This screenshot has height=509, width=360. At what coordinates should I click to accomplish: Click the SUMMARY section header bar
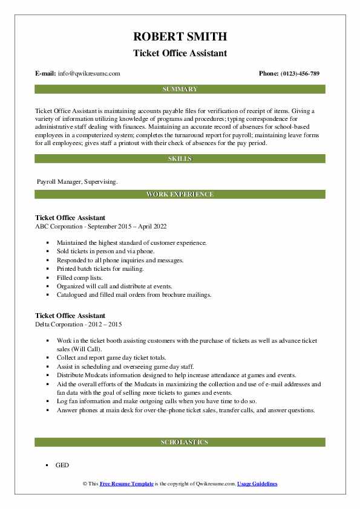[x=180, y=89]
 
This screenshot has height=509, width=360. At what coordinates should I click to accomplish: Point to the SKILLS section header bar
[x=180, y=158]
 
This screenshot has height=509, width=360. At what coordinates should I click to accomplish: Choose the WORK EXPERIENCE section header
[x=180, y=194]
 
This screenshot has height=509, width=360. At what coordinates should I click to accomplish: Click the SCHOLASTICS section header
[x=180, y=442]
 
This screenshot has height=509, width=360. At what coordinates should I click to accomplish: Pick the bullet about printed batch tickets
[x=100, y=268]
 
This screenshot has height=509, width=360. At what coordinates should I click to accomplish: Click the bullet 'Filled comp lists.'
[x=82, y=277]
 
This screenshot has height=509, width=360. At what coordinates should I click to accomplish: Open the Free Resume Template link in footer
[x=131, y=484]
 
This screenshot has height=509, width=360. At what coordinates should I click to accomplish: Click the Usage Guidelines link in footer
[x=257, y=484]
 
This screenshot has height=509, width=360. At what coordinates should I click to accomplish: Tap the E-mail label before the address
[x=46, y=73]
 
